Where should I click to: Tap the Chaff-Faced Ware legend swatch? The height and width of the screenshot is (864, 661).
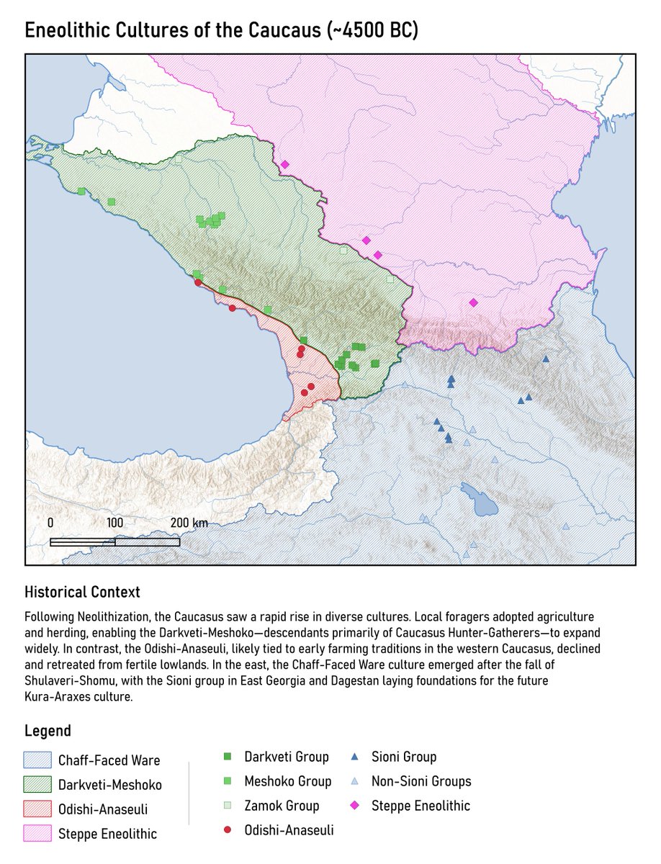click(38, 760)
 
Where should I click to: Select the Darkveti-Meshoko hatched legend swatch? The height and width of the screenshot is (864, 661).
click(38, 785)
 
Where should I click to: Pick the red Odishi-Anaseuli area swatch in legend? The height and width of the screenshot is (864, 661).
click(38, 809)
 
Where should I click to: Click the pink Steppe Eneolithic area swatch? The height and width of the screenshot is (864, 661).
click(38, 834)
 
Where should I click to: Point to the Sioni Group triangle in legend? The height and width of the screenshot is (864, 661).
click(355, 757)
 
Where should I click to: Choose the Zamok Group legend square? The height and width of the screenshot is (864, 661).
click(228, 806)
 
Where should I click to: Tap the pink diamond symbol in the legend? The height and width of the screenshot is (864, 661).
click(355, 806)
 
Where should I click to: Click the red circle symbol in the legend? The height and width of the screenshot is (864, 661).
click(228, 830)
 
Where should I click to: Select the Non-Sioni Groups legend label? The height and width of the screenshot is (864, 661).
click(421, 781)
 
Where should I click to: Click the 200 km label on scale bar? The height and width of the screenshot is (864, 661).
click(189, 523)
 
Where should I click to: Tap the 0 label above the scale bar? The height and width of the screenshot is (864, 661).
click(50, 523)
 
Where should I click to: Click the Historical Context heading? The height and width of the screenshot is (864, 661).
click(82, 593)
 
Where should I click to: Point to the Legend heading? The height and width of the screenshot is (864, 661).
click(48, 731)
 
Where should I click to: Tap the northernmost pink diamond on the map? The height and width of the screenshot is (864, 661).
click(284, 165)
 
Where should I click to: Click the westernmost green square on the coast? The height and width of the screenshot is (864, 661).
click(81, 192)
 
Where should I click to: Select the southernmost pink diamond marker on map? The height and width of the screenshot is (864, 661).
click(473, 302)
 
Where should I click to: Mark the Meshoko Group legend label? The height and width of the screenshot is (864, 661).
click(288, 781)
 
